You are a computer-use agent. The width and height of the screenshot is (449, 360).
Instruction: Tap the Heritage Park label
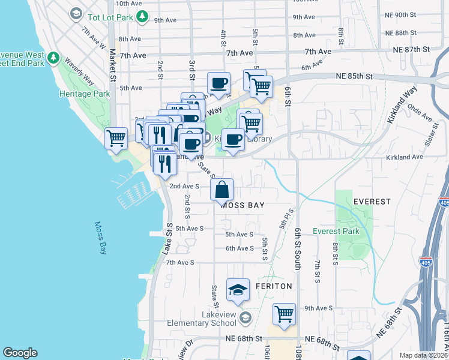[85, 94]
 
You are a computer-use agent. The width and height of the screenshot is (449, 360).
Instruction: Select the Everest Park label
[335, 232]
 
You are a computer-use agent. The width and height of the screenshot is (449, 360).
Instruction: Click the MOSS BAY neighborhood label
[243, 205]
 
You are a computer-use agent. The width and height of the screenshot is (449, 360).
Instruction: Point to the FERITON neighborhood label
[273, 287]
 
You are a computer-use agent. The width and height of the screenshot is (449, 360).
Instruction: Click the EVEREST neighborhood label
[372, 202]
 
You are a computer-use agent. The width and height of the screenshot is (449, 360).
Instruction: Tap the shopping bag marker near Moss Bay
[222, 190]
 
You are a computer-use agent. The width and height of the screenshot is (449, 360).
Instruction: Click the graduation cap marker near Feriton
[238, 290]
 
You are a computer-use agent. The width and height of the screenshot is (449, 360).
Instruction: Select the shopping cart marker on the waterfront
[116, 137]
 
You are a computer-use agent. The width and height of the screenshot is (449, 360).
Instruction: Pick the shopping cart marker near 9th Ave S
[284, 314]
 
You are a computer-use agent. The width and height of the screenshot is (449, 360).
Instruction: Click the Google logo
[20, 353]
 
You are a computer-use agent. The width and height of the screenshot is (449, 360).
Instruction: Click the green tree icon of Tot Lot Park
[142, 17]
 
